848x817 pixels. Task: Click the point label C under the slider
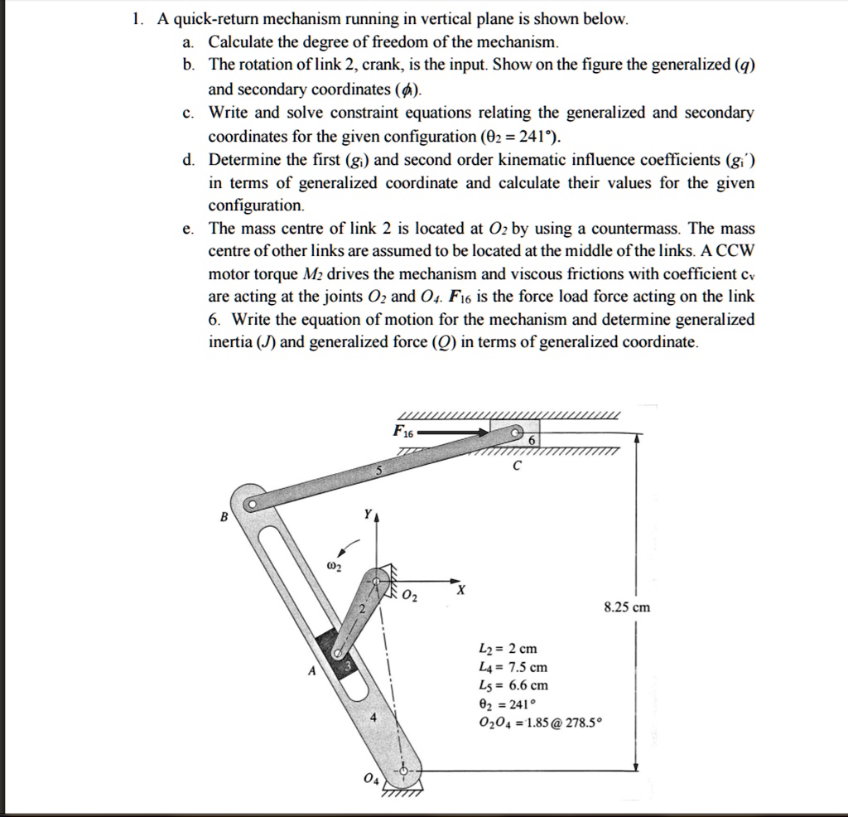pos(517,467)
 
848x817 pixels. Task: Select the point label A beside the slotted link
pos(311,672)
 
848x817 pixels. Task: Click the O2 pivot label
pos(412,597)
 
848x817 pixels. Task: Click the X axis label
pos(461,590)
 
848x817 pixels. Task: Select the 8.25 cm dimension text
pos(627,607)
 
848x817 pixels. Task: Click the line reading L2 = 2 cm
pos(508,649)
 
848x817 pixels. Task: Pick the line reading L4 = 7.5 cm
pos(513,667)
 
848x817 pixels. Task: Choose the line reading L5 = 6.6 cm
pos(513,685)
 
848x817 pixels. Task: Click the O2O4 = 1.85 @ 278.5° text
pos(541,722)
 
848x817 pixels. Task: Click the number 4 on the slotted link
pos(374,718)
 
